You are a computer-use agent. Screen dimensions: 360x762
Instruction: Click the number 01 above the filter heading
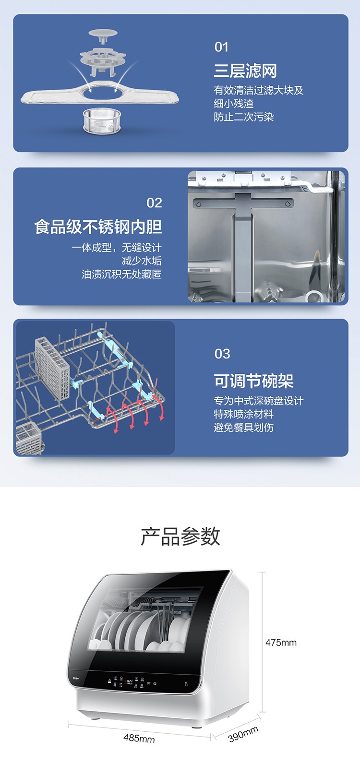pyautogui.click(x=221, y=47)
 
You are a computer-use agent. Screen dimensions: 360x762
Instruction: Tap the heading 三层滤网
pyautogui.click(x=245, y=71)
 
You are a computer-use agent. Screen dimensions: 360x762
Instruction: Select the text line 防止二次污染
pyautogui.click(x=244, y=117)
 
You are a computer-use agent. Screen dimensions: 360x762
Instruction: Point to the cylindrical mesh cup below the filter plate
pyautogui.click(x=102, y=120)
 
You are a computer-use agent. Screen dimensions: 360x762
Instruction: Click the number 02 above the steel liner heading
pyautogui.click(x=154, y=203)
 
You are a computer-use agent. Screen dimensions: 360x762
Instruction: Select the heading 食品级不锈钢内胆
pyautogui.click(x=98, y=226)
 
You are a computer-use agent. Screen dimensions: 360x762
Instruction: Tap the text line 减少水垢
pyautogui.click(x=142, y=261)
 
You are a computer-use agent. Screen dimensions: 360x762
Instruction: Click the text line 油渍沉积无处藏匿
pyautogui.click(x=121, y=274)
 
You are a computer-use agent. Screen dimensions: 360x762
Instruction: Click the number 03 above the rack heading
pyautogui.click(x=222, y=354)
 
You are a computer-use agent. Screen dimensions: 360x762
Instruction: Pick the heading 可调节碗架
pyautogui.click(x=253, y=381)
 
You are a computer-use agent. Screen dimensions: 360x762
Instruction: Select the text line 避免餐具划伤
pyautogui.click(x=244, y=427)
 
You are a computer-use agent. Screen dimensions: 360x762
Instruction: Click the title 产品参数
pyautogui.click(x=180, y=536)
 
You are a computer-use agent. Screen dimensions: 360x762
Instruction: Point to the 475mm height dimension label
pyautogui.click(x=281, y=643)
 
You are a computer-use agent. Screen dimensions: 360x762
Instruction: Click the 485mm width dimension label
pyautogui.click(x=139, y=738)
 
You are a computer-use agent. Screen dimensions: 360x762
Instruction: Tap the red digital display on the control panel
pyautogui.click(x=129, y=682)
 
